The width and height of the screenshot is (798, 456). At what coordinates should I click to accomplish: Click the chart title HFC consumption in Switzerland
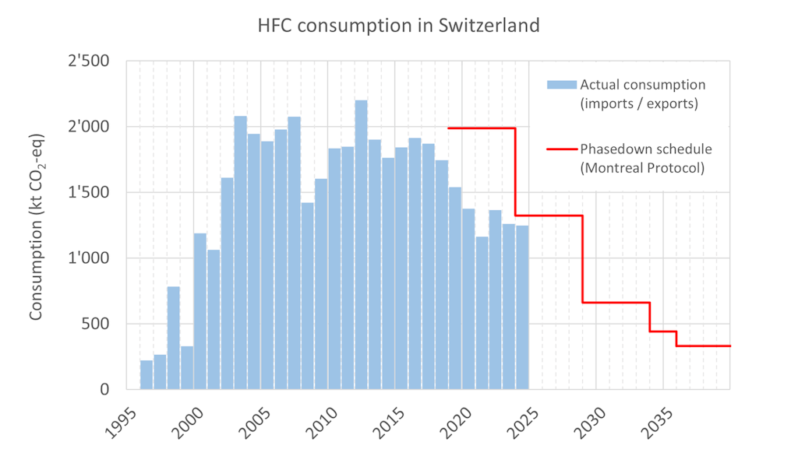[399, 25]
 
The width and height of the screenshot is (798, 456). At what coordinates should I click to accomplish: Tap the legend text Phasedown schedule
[646, 149]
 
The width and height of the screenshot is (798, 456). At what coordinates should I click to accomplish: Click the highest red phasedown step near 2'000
[482, 128]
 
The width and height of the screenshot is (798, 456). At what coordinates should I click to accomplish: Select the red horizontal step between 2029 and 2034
[616, 303]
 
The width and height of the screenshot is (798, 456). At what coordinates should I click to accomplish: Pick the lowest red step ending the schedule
[703, 346]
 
